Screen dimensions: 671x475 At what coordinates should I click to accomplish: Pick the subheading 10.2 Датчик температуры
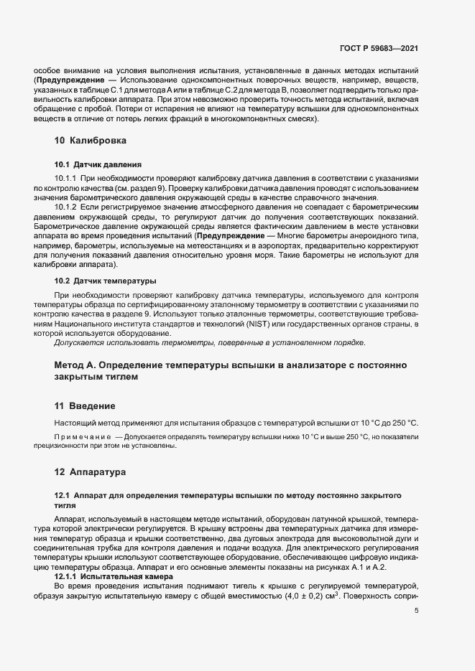106,280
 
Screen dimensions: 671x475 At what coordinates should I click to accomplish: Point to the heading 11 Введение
85,405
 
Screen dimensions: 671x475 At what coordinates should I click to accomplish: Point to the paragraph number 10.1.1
66,177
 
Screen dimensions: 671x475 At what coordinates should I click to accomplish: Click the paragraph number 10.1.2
66,207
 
